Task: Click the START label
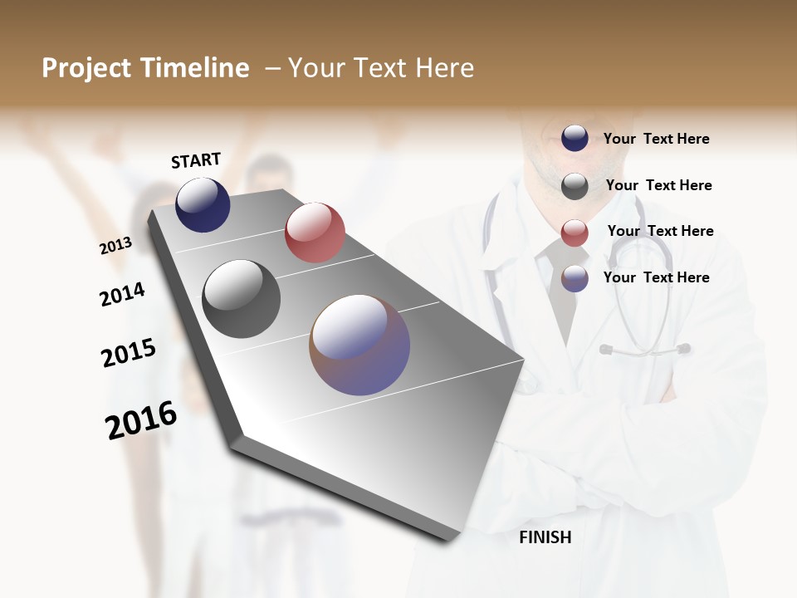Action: coord(196,160)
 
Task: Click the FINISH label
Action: coord(545,537)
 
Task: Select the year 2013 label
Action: coord(116,246)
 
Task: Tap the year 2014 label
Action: coord(122,295)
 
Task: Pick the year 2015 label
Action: coord(129,353)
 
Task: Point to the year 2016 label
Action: coord(141,420)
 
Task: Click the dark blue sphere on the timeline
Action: coord(203,204)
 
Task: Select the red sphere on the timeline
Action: coord(315,232)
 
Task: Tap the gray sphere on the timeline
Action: coord(242,299)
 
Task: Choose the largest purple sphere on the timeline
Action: coord(359,345)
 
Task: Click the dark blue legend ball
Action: coord(575,138)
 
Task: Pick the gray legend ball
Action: coord(575,186)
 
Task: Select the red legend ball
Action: coord(575,233)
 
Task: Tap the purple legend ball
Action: coord(575,278)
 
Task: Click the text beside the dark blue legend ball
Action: coord(656,139)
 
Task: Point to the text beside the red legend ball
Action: coord(660,231)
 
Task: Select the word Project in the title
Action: coord(86,68)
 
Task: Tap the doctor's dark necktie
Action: coord(561,291)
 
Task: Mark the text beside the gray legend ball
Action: coord(658,185)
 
